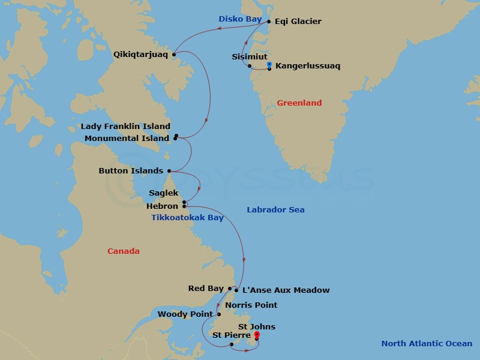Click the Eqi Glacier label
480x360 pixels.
click(298, 22)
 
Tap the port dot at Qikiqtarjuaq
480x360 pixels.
click(174, 55)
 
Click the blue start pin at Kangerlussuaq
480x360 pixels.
click(269, 64)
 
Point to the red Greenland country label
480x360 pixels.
click(299, 103)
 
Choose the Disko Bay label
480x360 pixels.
click(240, 19)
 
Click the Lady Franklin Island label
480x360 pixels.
click(125, 127)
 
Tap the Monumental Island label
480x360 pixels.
click(127, 138)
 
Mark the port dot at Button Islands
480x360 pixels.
click(169, 170)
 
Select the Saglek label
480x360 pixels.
click(164, 193)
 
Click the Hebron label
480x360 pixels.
click(162, 206)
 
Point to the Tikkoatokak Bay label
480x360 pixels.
click(188, 218)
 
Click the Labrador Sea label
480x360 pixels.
click(275, 210)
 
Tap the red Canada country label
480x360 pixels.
click(123, 251)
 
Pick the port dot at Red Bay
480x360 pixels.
click(230, 289)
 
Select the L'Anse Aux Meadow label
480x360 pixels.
click(285, 290)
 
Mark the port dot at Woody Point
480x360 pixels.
click(219, 314)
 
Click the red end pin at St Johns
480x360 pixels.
click(257, 334)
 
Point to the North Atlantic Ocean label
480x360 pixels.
click(427, 344)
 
